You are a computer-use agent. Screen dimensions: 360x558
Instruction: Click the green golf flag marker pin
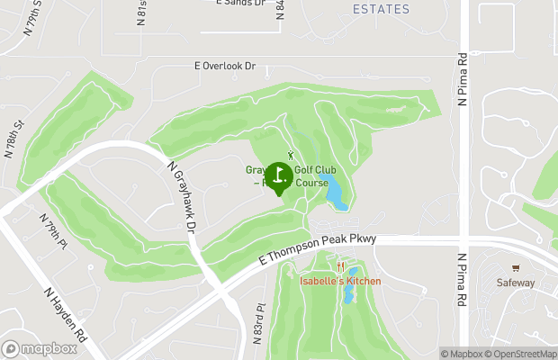(x=279, y=176)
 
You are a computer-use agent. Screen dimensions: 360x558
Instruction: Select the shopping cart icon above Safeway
(x=517, y=268)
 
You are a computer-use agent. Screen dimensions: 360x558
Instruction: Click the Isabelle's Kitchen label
(x=340, y=282)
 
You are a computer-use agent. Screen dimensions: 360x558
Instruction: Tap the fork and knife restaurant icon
(x=340, y=267)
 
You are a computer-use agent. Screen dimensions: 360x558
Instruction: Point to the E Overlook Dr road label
(x=226, y=67)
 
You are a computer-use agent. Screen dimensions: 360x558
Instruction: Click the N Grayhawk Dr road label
(x=181, y=195)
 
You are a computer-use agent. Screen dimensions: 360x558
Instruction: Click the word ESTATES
(x=381, y=10)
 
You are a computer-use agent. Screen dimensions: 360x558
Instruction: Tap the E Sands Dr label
(x=241, y=3)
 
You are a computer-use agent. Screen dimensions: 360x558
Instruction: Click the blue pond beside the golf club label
(x=334, y=191)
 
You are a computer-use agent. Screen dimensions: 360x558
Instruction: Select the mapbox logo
(x=39, y=348)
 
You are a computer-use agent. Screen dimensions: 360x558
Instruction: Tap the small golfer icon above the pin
(x=290, y=155)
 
